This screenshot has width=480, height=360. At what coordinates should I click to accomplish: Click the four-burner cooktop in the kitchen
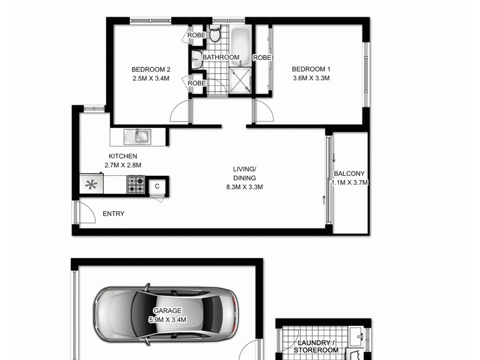pyautogui.click(x=136, y=185)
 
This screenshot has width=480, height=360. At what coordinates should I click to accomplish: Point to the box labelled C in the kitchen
pyautogui.click(x=157, y=186)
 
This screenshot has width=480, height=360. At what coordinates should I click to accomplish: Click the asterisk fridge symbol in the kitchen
pyautogui.click(x=91, y=184)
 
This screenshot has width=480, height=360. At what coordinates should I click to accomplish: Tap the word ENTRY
pyautogui.click(x=113, y=214)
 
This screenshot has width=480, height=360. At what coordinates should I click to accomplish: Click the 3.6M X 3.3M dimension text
pyautogui.click(x=311, y=78)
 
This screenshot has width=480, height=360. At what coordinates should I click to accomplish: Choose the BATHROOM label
pyautogui.click(x=221, y=58)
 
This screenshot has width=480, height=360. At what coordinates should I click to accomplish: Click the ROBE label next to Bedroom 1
pyautogui.click(x=262, y=58)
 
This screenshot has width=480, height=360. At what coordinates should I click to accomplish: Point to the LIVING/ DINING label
pyautogui.click(x=244, y=173)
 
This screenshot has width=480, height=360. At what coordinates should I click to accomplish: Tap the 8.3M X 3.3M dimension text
pyautogui.click(x=244, y=187)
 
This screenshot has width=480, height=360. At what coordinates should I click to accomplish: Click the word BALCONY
pyautogui.click(x=349, y=174)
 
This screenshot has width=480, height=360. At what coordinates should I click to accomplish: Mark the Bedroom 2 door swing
pyautogui.click(x=179, y=112)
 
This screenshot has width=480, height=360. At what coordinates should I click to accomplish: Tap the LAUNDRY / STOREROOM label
pyautogui.click(x=317, y=346)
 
